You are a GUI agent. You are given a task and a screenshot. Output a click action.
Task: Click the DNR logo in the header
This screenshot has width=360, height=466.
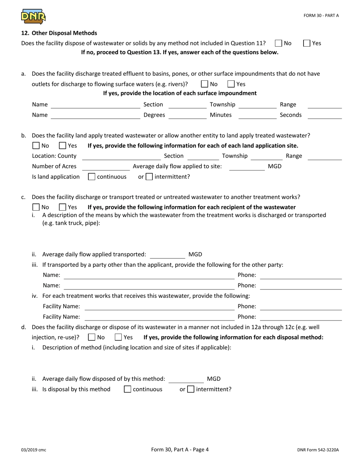coord(33,16)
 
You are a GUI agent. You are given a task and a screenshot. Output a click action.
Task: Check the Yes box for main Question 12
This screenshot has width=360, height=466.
coord(307,43)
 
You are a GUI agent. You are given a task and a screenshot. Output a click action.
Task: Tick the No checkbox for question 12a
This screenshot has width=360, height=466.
coord(205,84)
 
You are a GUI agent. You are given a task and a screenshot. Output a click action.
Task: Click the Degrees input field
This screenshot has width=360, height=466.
coord(187,115)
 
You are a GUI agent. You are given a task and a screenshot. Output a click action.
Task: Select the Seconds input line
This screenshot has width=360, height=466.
coord(324,115)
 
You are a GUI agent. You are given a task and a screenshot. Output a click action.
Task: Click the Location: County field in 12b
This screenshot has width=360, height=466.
coord(121,156)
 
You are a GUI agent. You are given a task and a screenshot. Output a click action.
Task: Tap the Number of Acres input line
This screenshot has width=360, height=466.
coord(106,167)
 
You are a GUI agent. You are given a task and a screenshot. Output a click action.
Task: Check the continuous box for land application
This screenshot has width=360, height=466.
coord(91,177)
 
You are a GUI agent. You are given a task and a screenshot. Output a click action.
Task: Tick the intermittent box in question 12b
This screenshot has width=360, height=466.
coord(149,177)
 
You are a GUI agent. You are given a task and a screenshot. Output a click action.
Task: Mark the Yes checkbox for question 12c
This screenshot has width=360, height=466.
coord(63,207)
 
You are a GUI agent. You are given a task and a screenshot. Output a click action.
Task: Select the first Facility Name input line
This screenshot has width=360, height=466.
coord(159,306)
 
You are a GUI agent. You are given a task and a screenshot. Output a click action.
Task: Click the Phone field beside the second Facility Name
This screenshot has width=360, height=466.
coord(301,317)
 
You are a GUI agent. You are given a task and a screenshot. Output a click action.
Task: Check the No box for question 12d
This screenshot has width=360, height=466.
coord(91,337)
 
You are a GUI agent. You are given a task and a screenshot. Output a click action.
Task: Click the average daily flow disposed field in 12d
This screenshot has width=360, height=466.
coord(186,379)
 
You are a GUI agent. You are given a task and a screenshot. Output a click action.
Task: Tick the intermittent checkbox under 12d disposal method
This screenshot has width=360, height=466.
coord(191,389)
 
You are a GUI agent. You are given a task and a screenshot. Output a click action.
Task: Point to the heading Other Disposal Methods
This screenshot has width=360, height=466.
coord(59,33)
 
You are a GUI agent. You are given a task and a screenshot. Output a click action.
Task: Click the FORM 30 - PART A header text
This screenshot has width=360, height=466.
coord(321,16)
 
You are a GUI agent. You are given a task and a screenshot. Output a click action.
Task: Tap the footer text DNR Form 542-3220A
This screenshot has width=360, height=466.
coord(318,450)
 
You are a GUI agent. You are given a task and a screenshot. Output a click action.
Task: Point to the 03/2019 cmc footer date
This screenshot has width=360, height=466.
coord(34,450)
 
